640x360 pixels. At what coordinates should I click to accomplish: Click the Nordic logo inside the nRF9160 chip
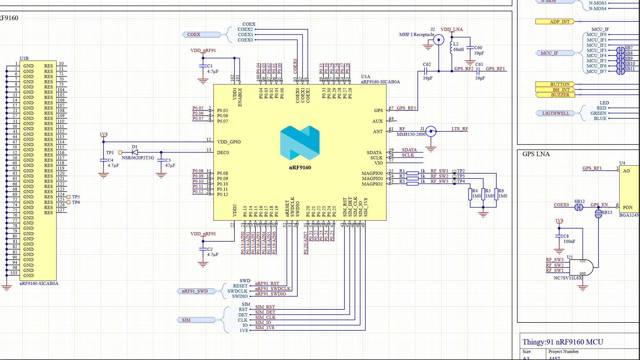pyautogui.click(x=300, y=143)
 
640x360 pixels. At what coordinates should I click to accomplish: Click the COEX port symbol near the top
pyautogui.click(x=201, y=34)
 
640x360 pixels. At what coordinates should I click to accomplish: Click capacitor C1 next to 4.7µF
pyautogui.click(x=203, y=66)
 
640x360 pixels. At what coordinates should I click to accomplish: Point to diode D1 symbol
pyautogui.click(x=135, y=152)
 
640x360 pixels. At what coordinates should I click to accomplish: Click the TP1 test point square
pyautogui.click(x=120, y=152)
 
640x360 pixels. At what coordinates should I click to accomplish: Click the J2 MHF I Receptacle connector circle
pyautogui.click(x=439, y=40)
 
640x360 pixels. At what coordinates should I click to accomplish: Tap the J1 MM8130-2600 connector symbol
pyautogui.click(x=431, y=131)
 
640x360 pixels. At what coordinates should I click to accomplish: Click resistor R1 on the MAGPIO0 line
pyautogui.click(x=412, y=173)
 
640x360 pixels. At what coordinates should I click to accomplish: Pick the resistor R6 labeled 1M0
pyautogui.click(x=496, y=194)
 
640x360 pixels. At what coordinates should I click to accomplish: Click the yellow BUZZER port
pyautogui.click(x=555, y=95)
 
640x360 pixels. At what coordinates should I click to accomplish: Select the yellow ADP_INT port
pyautogui.click(x=555, y=22)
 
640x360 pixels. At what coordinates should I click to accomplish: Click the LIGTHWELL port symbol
pyautogui.click(x=555, y=113)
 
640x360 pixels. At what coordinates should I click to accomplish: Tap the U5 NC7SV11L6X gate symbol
pyautogui.click(x=581, y=268)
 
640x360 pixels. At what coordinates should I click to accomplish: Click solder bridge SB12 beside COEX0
pyautogui.click(x=579, y=207)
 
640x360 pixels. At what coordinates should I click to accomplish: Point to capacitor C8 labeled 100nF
pyautogui.click(x=559, y=236)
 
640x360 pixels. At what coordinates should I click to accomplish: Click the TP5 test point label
pyautogui.click(x=76, y=197)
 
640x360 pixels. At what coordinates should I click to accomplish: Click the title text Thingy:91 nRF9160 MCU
pyautogui.click(x=562, y=342)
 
